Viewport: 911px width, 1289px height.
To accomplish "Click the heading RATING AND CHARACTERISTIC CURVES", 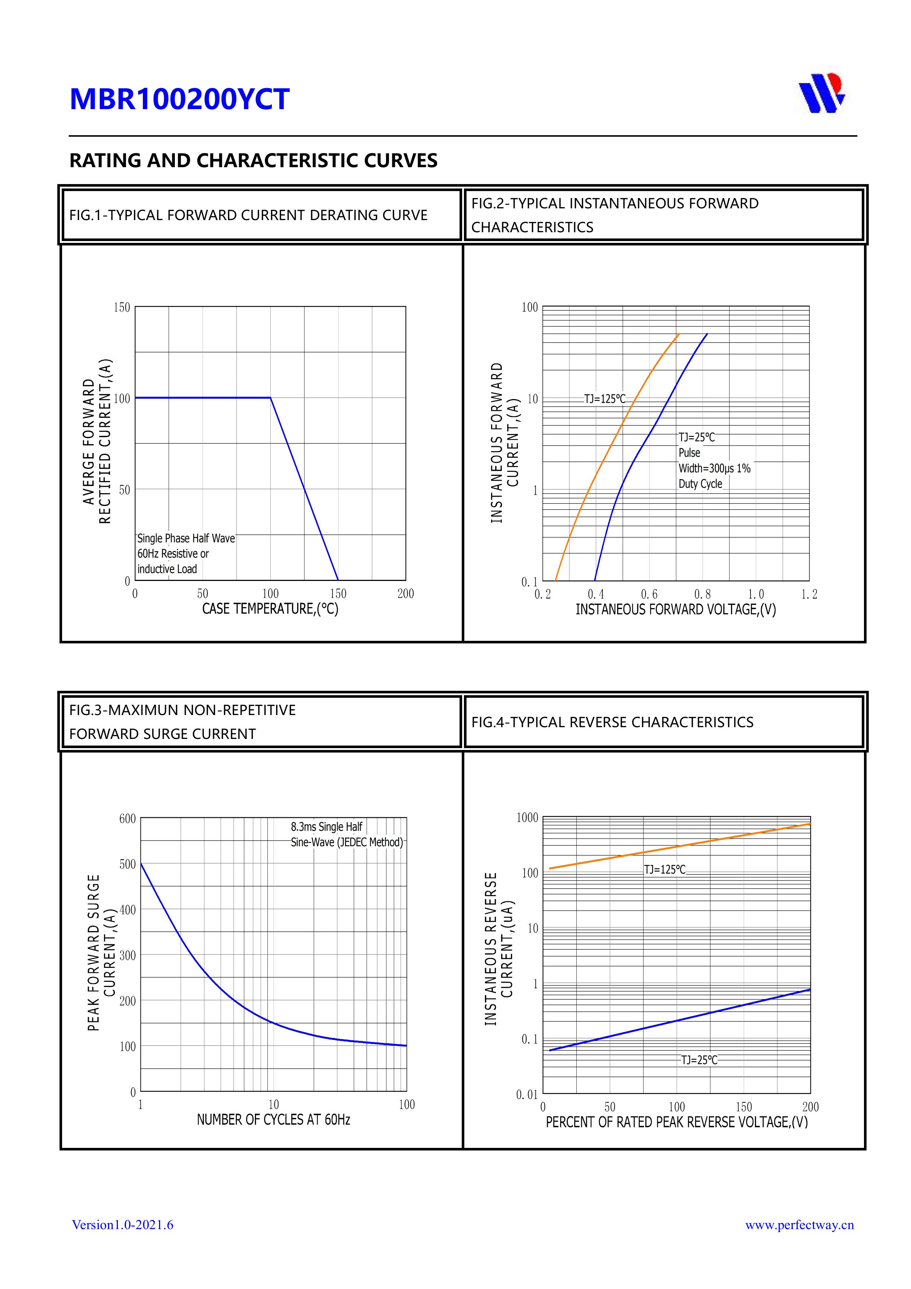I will click(x=253, y=161).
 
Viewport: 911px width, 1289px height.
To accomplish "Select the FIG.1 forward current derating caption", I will click(x=248, y=216).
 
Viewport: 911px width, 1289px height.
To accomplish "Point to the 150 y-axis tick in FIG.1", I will click(x=122, y=308).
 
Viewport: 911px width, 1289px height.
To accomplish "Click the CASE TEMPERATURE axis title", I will click(x=270, y=609).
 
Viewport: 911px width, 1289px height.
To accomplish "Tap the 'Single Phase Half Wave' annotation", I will click(x=186, y=538).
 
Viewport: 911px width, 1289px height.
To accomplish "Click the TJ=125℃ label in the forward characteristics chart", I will click(x=605, y=399).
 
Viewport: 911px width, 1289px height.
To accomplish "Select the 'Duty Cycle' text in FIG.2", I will click(x=700, y=484).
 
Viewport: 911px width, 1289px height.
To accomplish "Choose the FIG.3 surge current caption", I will click(x=183, y=722).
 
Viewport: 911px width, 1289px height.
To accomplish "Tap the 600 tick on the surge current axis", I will click(x=127, y=819).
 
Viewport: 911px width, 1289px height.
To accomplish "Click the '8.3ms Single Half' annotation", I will click(x=326, y=827).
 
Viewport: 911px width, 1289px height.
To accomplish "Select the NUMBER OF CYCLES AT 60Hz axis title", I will click(x=273, y=1120).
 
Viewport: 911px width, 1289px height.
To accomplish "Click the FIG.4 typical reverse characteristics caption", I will click(x=612, y=722).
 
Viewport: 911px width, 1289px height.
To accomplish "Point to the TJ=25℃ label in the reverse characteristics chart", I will click(x=699, y=1060).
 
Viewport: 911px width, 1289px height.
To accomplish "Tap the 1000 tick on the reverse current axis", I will click(x=527, y=818).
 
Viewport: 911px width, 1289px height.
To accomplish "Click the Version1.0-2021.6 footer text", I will click(x=122, y=1225).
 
